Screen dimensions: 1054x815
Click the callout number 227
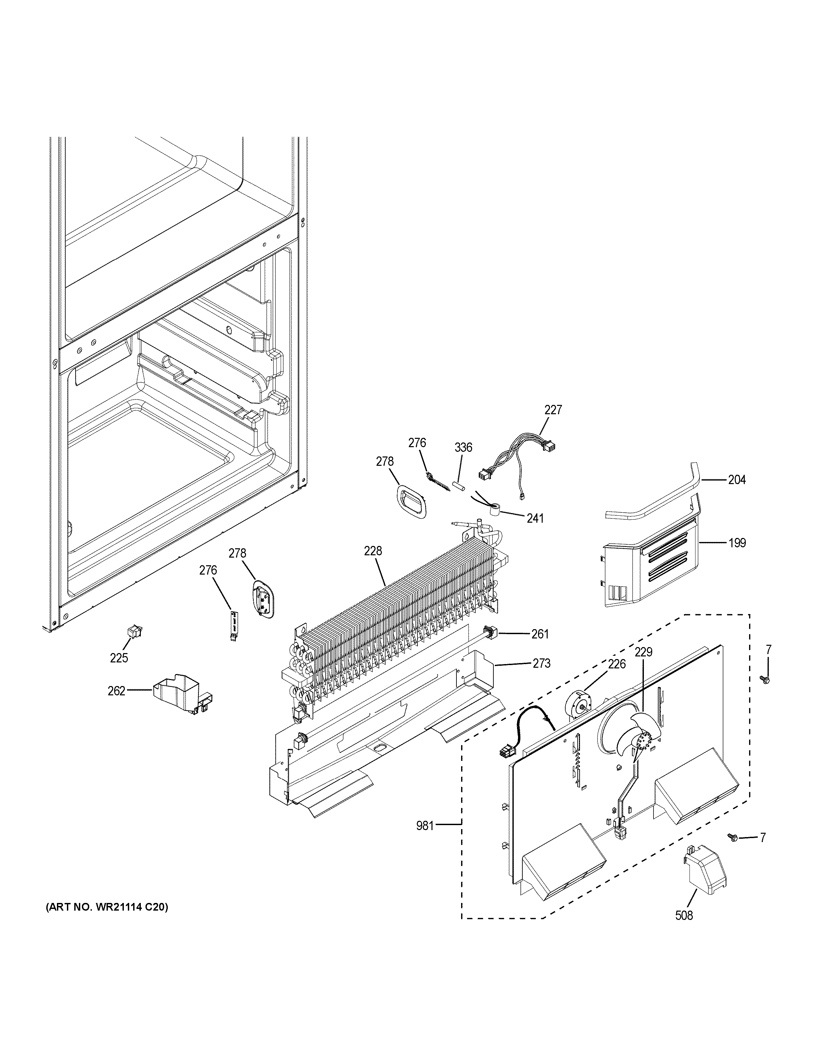(553, 410)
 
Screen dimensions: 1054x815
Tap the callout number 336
(463, 447)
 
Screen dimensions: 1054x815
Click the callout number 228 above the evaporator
(373, 551)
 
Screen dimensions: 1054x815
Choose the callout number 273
(541, 664)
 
